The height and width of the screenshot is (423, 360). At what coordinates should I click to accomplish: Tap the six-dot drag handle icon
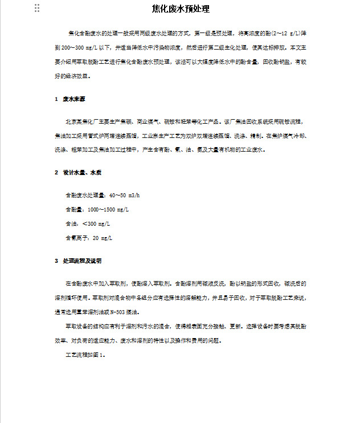(x=37, y=8)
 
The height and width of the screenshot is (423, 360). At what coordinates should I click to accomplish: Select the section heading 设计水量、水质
(x=83, y=172)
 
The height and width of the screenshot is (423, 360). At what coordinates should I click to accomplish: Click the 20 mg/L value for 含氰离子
(x=103, y=238)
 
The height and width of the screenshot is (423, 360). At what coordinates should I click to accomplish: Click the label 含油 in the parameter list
(x=71, y=223)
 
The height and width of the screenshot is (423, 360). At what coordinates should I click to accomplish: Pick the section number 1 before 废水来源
(x=56, y=99)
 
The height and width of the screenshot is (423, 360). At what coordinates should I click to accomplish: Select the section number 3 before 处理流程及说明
(x=56, y=261)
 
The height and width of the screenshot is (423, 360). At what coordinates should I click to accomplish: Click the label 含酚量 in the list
(x=74, y=209)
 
